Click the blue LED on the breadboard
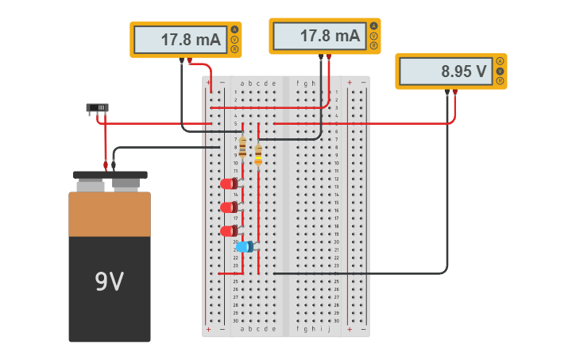click(x=245, y=246)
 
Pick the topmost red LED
click(x=229, y=184)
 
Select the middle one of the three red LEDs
click(x=229, y=207)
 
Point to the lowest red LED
click(x=229, y=231)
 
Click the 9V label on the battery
click(x=110, y=281)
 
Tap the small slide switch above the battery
click(x=97, y=107)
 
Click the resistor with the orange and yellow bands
click(x=258, y=155)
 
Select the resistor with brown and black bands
click(x=242, y=147)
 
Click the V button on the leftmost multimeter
click(x=234, y=39)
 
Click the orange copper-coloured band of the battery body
click(x=110, y=214)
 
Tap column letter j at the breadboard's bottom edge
click(x=329, y=328)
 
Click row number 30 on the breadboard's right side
click(x=336, y=320)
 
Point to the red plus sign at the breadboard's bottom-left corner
click(x=209, y=329)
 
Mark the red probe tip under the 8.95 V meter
click(x=455, y=92)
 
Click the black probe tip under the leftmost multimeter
click(x=182, y=60)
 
